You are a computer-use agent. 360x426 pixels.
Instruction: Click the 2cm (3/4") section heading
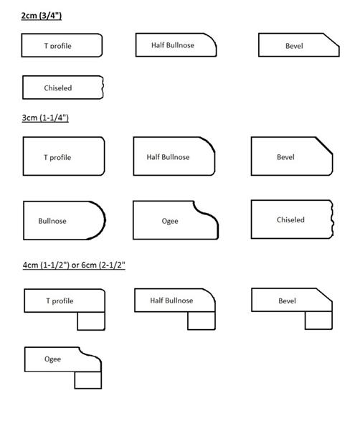pos(42,16)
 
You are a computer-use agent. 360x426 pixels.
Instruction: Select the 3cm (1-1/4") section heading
pos(45,118)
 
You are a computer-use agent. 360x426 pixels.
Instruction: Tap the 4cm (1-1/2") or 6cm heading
pos(74,265)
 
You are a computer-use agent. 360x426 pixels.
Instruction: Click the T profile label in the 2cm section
pos(58,46)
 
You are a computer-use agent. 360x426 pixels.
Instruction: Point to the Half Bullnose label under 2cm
pos(173,45)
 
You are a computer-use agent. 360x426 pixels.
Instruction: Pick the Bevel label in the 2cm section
pos(294,46)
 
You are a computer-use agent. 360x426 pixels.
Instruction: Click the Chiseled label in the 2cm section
pos(58,88)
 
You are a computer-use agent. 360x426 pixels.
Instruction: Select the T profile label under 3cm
pos(57,158)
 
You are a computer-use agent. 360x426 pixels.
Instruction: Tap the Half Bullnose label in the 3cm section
pos(168,157)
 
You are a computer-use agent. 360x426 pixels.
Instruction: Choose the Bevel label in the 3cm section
pos(285,157)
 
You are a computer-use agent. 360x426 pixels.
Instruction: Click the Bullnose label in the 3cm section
pos(52,221)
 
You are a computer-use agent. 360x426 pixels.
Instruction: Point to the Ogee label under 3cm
pos(170,221)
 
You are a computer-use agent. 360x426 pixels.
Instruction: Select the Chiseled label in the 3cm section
pos(290,219)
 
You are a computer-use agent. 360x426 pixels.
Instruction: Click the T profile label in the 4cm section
pos(60,301)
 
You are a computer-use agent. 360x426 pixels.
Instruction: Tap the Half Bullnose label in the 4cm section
pos(171,300)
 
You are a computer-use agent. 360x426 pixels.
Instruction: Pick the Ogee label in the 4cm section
pos(52,359)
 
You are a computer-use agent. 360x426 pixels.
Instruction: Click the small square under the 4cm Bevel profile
pos(318,321)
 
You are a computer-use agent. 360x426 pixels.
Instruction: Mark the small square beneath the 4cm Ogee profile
pos(88,380)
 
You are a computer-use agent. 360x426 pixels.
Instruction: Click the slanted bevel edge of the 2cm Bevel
pos(331,40)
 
